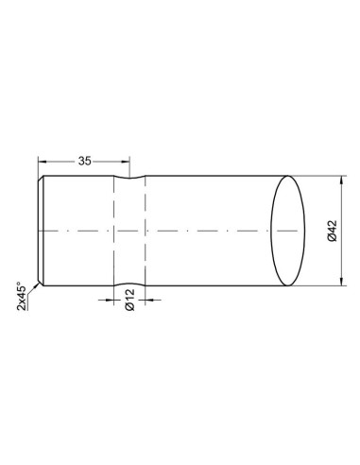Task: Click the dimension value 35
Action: [x=84, y=161]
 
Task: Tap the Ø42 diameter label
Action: [x=333, y=231]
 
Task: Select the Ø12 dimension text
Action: [x=129, y=300]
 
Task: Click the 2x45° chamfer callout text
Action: [x=22, y=296]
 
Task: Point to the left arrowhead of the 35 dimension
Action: [x=42, y=162]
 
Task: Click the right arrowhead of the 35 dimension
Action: [x=126, y=162]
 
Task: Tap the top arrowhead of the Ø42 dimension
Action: [x=342, y=180]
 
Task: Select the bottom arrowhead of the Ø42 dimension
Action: [x=342, y=282]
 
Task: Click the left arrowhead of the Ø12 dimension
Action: [x=110, y=300]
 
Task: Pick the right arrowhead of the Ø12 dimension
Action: [x=149, y=300]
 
